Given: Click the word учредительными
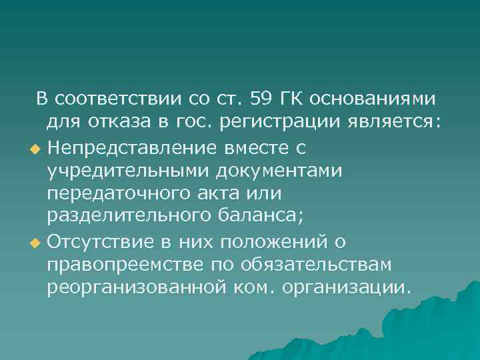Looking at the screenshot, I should coord(127,171).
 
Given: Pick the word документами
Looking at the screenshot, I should coord(279,171).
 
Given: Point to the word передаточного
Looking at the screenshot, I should coord(119,194).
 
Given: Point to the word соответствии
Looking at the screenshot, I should coord(120,99).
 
